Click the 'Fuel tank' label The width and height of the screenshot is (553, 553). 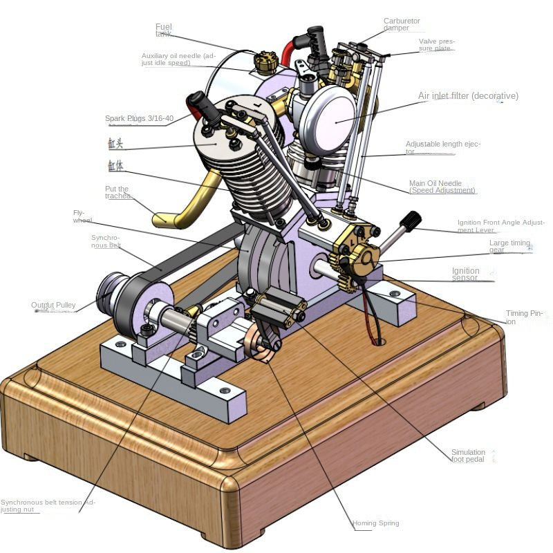click(163, 30)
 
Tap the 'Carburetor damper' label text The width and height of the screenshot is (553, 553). click(401, 25)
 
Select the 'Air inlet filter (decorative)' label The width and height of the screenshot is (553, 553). click(467, 96)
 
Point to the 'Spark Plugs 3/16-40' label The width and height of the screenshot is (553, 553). click(140, 118)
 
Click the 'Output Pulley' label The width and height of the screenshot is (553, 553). click(53, 305)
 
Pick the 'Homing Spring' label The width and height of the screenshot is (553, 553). click(375, 523)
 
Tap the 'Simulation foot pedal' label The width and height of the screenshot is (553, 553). click(468, 456)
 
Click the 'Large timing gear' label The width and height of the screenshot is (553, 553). click(509, 247)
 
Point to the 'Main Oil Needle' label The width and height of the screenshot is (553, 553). click(442, 187)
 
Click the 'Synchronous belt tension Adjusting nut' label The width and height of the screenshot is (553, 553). click(48, 506)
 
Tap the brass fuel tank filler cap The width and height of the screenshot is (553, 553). click(264, 61)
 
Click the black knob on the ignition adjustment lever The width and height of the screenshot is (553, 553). click(410, 221)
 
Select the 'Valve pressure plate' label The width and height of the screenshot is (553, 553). click(436, 45)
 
